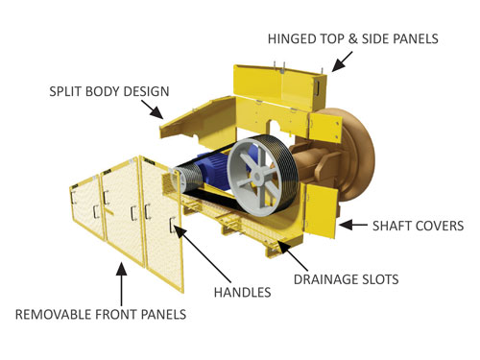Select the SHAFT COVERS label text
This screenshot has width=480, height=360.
pyautogui.click(x=419, y=227)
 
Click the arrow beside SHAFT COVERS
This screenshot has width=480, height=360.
pyautogui.click(x=356, y=227)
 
